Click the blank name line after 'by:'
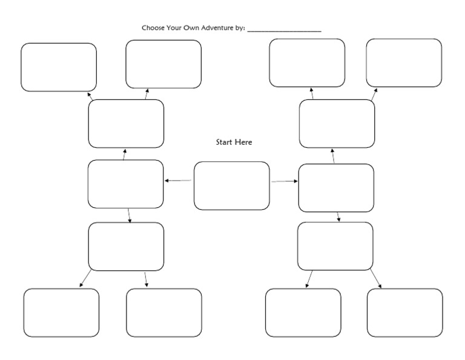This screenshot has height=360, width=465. point(284,29)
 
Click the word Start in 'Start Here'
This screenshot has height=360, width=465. point(225,142)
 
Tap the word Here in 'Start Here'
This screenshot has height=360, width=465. point(243,142)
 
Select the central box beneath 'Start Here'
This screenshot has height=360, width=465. point(231,185)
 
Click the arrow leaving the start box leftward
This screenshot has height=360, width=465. point(178,181)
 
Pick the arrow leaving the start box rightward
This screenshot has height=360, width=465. point(285,181)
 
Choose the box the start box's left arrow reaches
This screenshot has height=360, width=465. point(125,184)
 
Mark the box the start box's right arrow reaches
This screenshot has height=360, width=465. point(336,188)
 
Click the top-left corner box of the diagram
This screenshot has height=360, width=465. point(59,67)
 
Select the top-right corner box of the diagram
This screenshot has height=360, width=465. point(404,63)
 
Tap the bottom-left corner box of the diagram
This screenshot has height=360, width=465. point(61,313)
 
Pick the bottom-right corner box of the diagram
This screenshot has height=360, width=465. point(404,313)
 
